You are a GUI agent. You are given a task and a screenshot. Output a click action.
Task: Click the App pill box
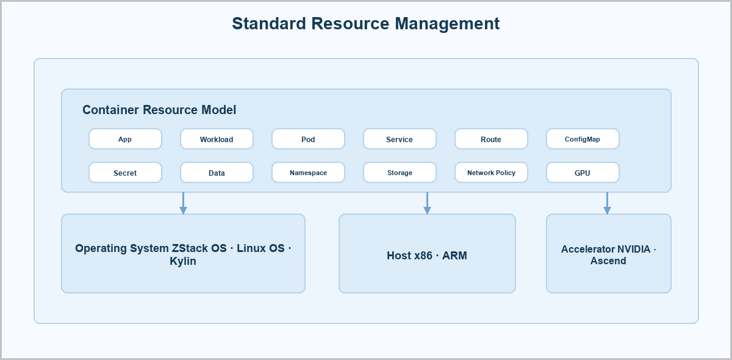coord(125,139)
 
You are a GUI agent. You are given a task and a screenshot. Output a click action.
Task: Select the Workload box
coord(217,139)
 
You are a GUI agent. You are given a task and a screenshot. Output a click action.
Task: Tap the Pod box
coord(308,139)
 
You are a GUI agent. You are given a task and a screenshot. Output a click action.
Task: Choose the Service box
coord(400,139)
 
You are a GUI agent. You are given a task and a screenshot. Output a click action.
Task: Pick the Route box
coord(491,139)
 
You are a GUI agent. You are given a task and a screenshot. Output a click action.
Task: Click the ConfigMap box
coord(583,139)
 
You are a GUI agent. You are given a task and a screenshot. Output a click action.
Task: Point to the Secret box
coord(125,172)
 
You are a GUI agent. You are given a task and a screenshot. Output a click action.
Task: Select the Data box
coord(217,172)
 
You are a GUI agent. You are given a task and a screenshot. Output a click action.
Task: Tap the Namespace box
coord(308,172)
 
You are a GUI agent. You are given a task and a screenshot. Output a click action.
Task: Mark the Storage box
coord(400,172)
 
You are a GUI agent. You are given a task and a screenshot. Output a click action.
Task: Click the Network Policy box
coord(491,172)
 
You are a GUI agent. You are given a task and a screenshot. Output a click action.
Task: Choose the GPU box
coord(583,172)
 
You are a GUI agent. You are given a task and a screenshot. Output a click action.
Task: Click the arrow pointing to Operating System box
coord(184,203)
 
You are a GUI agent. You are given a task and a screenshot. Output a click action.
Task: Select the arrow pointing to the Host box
coord(427,203)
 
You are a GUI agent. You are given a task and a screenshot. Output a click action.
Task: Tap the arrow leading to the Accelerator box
coord(607,203)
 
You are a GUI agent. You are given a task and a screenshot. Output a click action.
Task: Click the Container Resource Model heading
coord(159,110)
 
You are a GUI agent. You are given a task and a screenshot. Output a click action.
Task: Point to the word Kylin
coord(183,261)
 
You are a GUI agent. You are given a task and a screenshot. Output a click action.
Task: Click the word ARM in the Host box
coord(454,256)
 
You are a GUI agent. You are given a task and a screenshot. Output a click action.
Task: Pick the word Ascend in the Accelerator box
coord(608,261)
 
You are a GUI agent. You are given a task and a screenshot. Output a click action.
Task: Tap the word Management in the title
coord(447,24)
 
